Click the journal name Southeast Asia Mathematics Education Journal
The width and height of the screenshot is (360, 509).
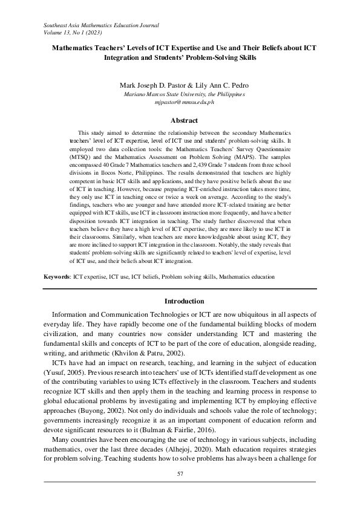[101, 25]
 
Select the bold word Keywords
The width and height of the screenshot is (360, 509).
[56, 276]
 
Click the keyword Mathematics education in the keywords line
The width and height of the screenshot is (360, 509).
[247, 276]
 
